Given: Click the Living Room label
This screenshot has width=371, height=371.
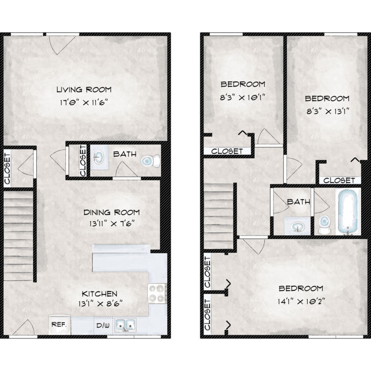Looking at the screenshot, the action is pyautogui.click(x=84, y=90).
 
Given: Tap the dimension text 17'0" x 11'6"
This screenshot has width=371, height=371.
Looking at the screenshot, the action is pyautogui.click(x=84, y=103).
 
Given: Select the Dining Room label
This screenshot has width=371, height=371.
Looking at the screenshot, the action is pyautogui.click(x=112, y=212).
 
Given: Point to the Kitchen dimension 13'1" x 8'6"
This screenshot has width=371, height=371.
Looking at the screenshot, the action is pyautogui.click(x=100, y=304).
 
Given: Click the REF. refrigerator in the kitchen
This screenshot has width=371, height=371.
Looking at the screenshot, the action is pyautogui.click(x=59, y=325).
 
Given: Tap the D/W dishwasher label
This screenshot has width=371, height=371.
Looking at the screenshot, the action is pyautogui.click(x=103, y=325).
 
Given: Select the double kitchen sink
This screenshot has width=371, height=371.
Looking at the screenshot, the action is pyautogui.click(x=125, y=325).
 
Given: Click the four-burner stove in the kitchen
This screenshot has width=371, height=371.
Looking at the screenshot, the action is pyautogui.click(x=157, y=293).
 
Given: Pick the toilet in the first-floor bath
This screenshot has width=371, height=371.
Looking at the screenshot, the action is pyautogui.click(x=150, y=161).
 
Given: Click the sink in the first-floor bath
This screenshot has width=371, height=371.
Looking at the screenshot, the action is pyautogui.click(x=99, y=157).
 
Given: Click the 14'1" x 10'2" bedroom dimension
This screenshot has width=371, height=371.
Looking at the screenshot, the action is pyautogui.click(x=301, y=302).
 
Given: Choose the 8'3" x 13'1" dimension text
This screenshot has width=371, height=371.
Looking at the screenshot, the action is pyautogui.click(x=327, y=111).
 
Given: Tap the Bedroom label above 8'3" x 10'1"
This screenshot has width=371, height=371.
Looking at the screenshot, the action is pyautogui.click(x=243, y=84).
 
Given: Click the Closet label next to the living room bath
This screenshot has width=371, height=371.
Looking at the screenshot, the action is pyautogui.click(x=83, y=161).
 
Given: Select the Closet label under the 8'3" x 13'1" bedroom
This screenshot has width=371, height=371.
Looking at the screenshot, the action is pyautogui.click(x=339, y=181).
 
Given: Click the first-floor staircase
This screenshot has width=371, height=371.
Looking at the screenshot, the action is pyautogui.click(x=18, y=236).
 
